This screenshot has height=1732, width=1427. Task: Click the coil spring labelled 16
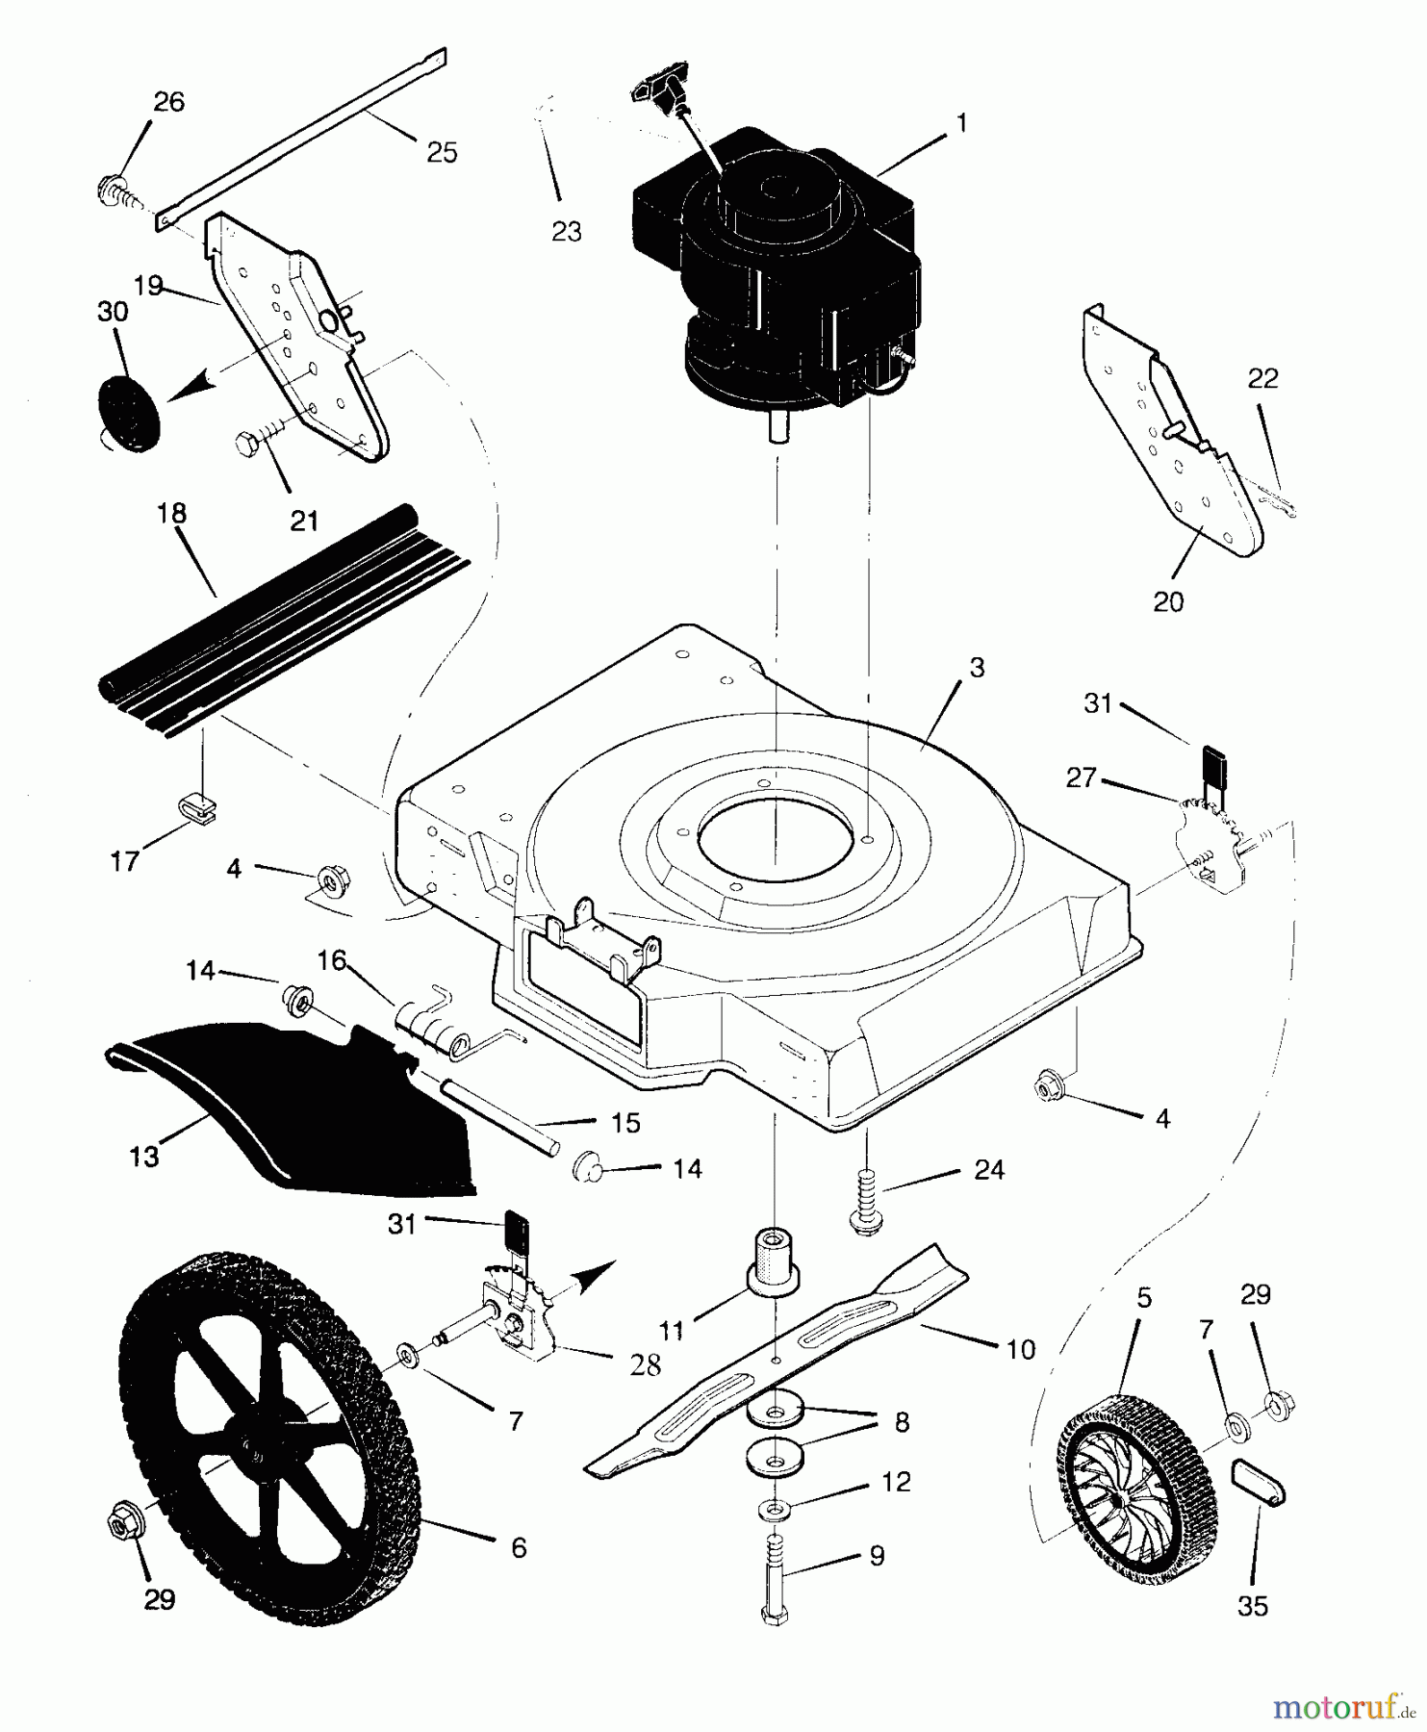tap(433, 1025)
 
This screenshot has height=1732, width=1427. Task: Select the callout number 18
tap(172, 514)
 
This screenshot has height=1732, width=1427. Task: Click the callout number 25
tap(442, 152)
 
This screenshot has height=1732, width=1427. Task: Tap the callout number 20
tap(1168, 602)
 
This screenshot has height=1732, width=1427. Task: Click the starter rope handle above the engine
tap(659, 91)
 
